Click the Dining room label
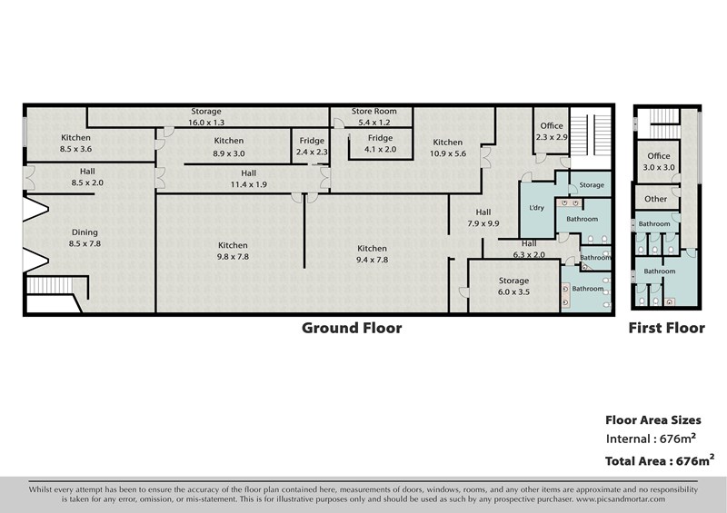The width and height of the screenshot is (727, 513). click(x=85, y=238)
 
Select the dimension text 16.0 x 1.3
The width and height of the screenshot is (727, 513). click(x=206, y=123)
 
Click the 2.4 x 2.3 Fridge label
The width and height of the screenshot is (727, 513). click(x=312, y=146)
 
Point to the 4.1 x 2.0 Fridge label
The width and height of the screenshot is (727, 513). click(x=380, y=143)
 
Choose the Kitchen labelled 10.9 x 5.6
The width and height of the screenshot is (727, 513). click(x=447, y=148)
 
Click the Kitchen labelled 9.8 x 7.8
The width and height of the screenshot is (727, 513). click(x=233, y=251)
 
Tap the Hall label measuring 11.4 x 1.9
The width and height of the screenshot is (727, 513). click(x=248, y=178)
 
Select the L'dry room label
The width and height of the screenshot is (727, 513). click(x=536, y=208)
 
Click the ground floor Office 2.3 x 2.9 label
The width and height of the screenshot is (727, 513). click(x=552, y=132)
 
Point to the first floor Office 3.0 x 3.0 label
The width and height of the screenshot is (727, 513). click(x=658, y=162)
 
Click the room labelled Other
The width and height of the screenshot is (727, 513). click(x=655, y=199)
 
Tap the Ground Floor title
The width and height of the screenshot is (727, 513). click(x=352, y=328)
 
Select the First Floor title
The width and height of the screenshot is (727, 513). click(x=666, y=328)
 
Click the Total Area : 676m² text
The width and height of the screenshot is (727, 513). click(x=660, y=460)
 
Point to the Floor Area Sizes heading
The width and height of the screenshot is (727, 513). click(x=652, y=420)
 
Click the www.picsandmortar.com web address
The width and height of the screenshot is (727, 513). click(x=621, y=499)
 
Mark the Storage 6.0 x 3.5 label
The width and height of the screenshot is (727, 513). click(x=513, y=286)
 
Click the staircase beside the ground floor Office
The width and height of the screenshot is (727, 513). click(x=590, y=135)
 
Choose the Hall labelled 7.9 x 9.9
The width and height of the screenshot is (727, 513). click(x=483, y=218)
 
